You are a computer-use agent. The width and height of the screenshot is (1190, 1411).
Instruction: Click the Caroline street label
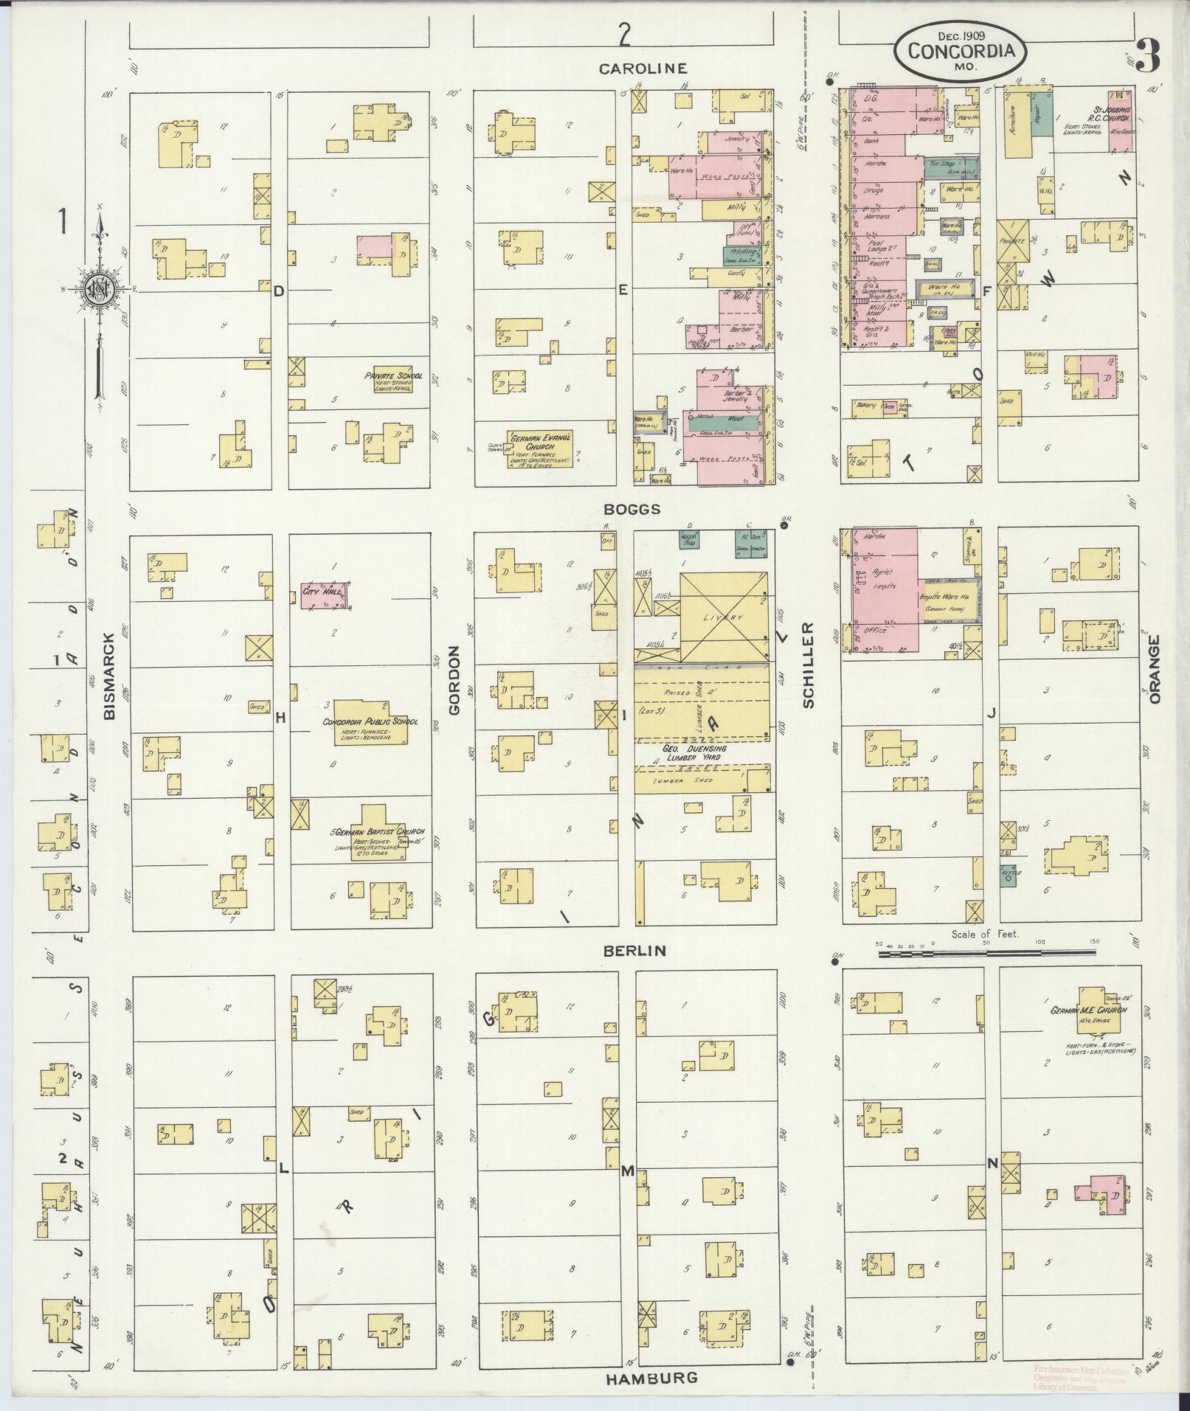[x=643, y=69]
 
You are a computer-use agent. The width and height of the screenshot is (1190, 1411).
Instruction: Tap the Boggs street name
[x=632, y=509]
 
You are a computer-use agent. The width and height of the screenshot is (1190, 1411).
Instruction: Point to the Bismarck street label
[x=110, y=676]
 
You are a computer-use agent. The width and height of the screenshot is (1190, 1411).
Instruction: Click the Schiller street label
[x=808, y=665]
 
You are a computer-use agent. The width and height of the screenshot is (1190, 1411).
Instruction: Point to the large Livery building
[x=722, y=617]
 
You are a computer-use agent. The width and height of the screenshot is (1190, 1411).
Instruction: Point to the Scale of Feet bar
[x=986, y=953]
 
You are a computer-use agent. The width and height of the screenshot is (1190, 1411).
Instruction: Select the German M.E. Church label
[x=1089, y=1010]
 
